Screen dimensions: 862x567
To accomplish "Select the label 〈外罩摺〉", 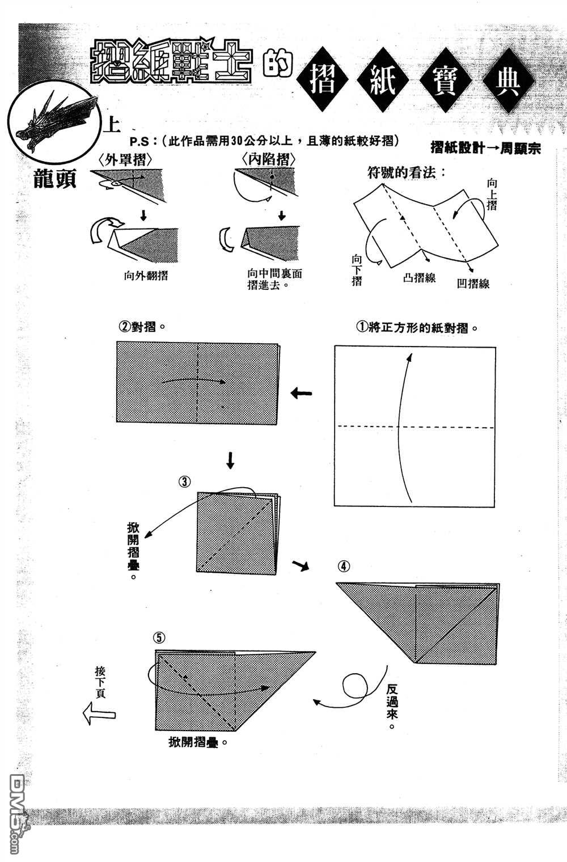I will point(125,159).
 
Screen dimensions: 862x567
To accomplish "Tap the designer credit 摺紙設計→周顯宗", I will point(485,148).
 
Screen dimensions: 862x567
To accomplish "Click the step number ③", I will point(185,481).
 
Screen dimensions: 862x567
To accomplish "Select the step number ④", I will point(344,566).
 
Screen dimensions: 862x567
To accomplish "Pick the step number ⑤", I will point(160,638).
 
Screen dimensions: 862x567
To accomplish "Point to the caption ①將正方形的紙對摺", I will point(416,328).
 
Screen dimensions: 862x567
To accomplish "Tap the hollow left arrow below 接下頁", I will point(99,713).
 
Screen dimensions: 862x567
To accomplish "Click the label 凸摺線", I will point(419,278).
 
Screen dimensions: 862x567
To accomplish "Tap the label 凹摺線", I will point(473,284).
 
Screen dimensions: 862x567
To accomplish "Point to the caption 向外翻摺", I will point(146,276).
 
